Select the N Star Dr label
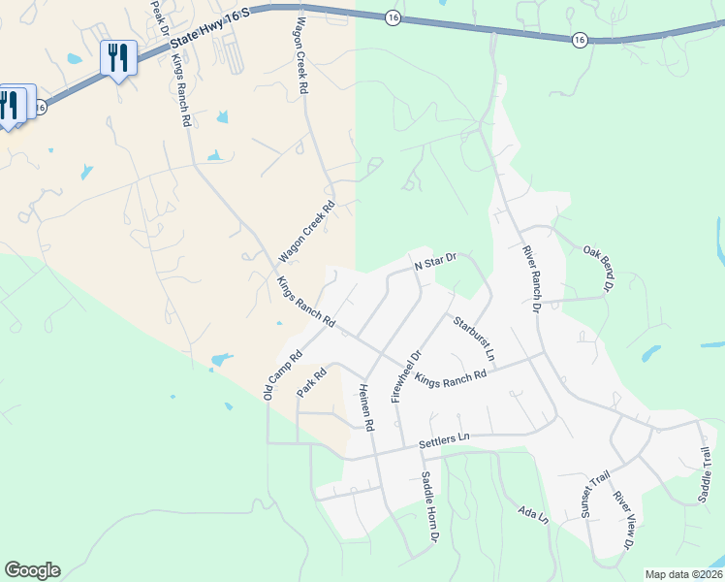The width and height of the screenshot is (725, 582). (434, 262)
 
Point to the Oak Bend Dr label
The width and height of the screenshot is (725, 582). (599, 269)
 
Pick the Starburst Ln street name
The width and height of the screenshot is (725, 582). (473, 339)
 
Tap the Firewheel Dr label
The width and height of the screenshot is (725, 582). (406, 375)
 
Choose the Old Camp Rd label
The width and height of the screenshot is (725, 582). (283, 374)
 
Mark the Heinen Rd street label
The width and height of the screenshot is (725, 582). (366, 404)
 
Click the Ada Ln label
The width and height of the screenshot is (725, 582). (533, 515)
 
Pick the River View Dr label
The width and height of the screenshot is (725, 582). (623, 522)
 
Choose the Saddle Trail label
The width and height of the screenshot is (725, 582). (705, 474)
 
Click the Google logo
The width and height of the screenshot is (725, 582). (32, 570)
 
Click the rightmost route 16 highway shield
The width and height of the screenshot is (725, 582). (579, 39)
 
